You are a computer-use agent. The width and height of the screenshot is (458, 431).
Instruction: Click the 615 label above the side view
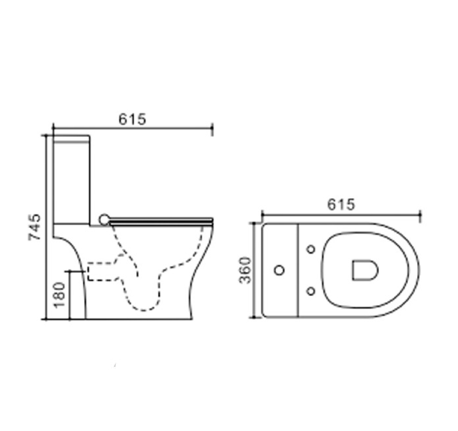click(x=132, y=119)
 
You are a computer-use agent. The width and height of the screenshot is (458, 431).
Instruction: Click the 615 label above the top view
click(x=341, y=205)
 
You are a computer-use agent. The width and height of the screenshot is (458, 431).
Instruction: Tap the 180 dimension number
click(x=59, y=294)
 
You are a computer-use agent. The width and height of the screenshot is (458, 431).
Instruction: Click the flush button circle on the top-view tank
click(x=279, y=270)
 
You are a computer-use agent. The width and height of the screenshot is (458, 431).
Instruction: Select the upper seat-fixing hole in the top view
click(x=311, y=249)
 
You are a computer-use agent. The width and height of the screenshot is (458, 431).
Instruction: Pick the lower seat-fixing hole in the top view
click(x=311, y=291)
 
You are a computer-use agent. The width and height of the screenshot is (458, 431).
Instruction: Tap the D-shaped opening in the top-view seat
click(x=364, y=270)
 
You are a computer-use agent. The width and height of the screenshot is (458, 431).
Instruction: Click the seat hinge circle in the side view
click(x=104, y=219)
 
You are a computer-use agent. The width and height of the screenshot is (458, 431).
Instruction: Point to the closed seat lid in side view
click(x=162, y=220)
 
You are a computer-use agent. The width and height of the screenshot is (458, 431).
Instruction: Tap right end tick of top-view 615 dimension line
click(x=420, y=217)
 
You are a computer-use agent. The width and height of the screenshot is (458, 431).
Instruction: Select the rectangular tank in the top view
click(x=280, y=269)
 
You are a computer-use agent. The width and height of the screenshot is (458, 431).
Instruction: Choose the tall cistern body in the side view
click(x=71, y=183)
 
